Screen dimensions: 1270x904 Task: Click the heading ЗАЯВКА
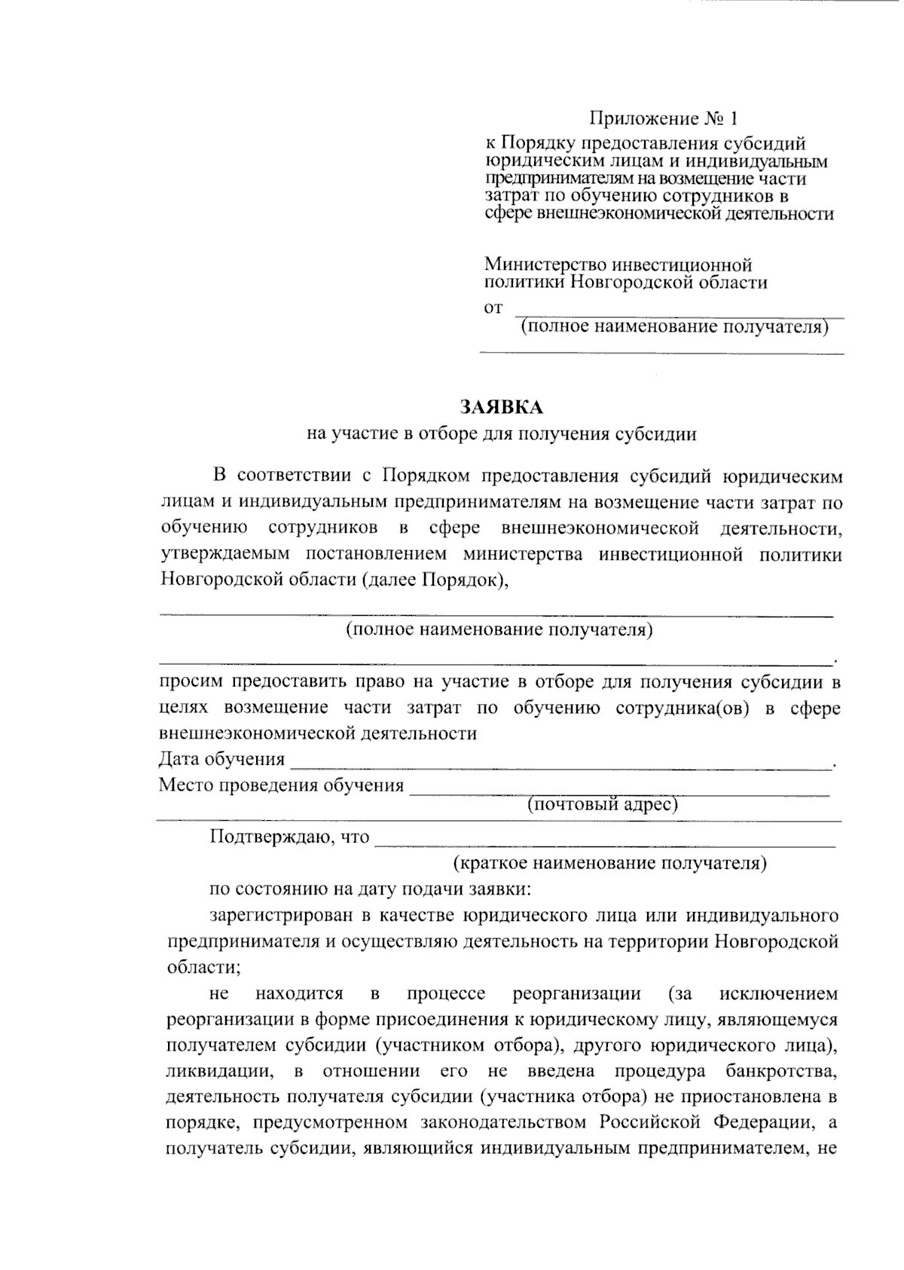click(501, 408)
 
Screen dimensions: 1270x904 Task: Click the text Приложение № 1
click(664, 118)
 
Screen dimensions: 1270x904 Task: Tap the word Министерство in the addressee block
click(545, 265)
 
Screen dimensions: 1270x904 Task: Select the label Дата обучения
click(221, 759)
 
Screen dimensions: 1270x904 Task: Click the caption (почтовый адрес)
click(603, 804)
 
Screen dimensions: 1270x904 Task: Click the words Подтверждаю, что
click(289, 837)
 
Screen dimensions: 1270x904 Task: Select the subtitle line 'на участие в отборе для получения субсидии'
click(501, 434)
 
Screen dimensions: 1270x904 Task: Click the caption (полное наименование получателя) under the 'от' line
click(675, 327)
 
